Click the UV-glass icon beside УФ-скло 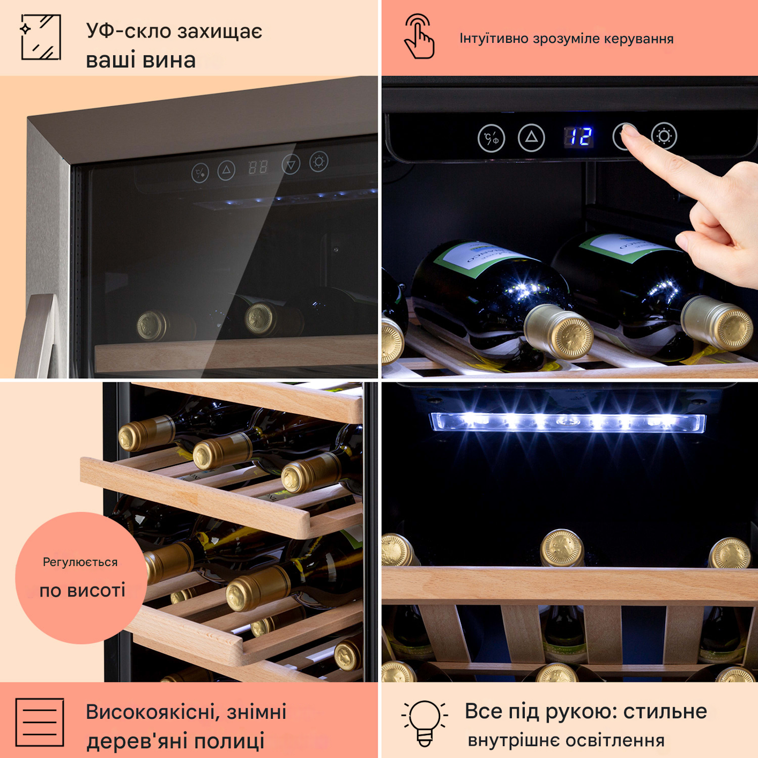41,37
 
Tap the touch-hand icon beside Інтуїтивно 419,36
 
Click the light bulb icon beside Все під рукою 425,723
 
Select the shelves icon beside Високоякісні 40,722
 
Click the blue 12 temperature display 578,137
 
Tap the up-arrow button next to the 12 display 531,137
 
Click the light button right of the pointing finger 664,136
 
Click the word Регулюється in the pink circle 80,562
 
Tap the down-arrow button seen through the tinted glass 291,165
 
